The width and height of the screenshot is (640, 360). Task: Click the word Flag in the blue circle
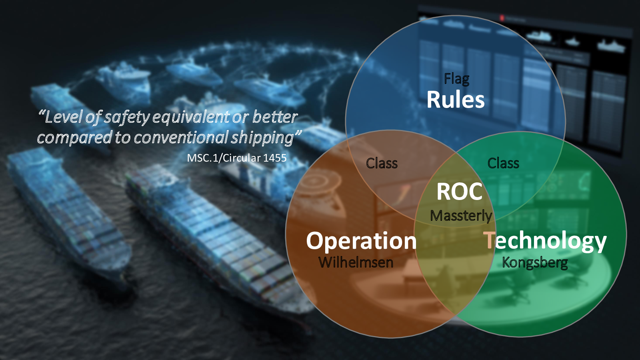point(456,79)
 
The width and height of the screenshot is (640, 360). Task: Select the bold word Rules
point(456,100)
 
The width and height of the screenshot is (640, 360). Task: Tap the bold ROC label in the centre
point(459,192)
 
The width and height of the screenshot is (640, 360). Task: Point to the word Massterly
point(461,216)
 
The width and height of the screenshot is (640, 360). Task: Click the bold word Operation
point(361,241)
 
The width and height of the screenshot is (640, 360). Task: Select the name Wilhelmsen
point(356,262)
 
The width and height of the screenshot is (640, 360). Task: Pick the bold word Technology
point(545,241)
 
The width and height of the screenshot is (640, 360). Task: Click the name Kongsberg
point(535,263)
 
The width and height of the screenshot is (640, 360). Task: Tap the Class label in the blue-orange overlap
point(382,164)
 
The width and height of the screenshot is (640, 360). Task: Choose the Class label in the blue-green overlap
point(503,163)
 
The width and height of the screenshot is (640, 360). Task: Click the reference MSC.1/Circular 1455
point(237,158)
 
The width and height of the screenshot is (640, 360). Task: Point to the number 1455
point(275,158)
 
